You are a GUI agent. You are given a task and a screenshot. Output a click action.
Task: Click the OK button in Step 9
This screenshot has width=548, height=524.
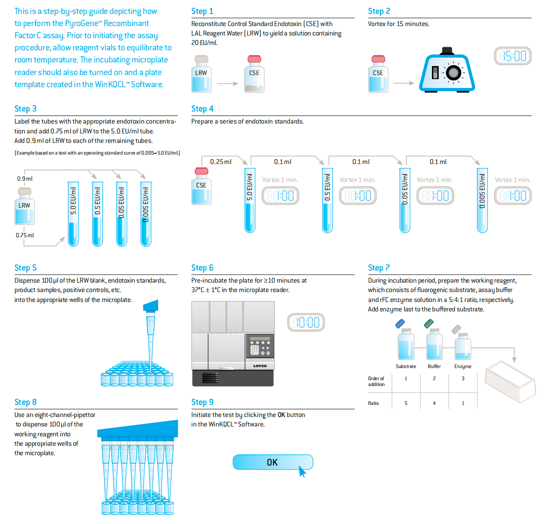(x=272, y=462)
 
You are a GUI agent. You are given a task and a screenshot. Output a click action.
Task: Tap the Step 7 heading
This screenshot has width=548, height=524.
(x=379, y=268)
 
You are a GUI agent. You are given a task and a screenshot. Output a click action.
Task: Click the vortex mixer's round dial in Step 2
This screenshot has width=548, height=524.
(x=453, y=72)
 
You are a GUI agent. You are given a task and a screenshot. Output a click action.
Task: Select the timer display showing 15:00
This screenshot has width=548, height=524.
(x=512, y=56)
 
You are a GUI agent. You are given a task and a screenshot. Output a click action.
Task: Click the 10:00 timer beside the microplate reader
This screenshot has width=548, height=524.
(x=306, y=322)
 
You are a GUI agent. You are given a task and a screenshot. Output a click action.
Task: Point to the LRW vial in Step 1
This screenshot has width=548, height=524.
(x=201, y=75)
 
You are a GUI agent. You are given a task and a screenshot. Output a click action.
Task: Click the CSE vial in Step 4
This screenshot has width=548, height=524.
(x=201, y=187)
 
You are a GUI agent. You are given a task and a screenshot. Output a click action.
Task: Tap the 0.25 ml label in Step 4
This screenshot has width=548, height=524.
(x=220, y=162)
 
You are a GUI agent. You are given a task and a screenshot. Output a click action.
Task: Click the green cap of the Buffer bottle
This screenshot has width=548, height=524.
(x=429, y=324)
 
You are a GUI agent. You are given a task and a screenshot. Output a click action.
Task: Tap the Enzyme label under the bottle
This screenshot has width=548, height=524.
(x=463, y=366)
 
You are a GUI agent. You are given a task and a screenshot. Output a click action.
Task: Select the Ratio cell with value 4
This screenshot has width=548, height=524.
(x=434, y=403)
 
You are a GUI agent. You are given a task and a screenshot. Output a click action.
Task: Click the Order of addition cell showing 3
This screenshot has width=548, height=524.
(x=463, y=378)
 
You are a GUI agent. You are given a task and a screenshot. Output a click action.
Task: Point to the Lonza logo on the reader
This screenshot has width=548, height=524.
(x=260, y=366)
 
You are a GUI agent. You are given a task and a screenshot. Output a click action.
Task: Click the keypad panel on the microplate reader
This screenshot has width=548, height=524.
(x=260, y=346)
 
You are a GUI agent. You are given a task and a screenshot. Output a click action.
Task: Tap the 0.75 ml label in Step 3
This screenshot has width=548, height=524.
(x=25, y=235)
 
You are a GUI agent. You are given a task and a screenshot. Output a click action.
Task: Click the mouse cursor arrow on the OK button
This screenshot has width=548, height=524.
(x=302, y=471)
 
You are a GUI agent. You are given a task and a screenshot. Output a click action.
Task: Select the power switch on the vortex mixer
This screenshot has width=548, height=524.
(x=435, y=72)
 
